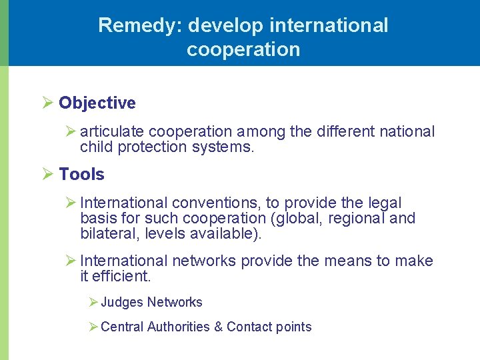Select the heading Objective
97,103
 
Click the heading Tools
81,174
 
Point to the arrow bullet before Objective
47,103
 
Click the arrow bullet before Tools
47,174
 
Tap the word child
96,147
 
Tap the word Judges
122,302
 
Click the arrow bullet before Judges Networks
93,302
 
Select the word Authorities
178,327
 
